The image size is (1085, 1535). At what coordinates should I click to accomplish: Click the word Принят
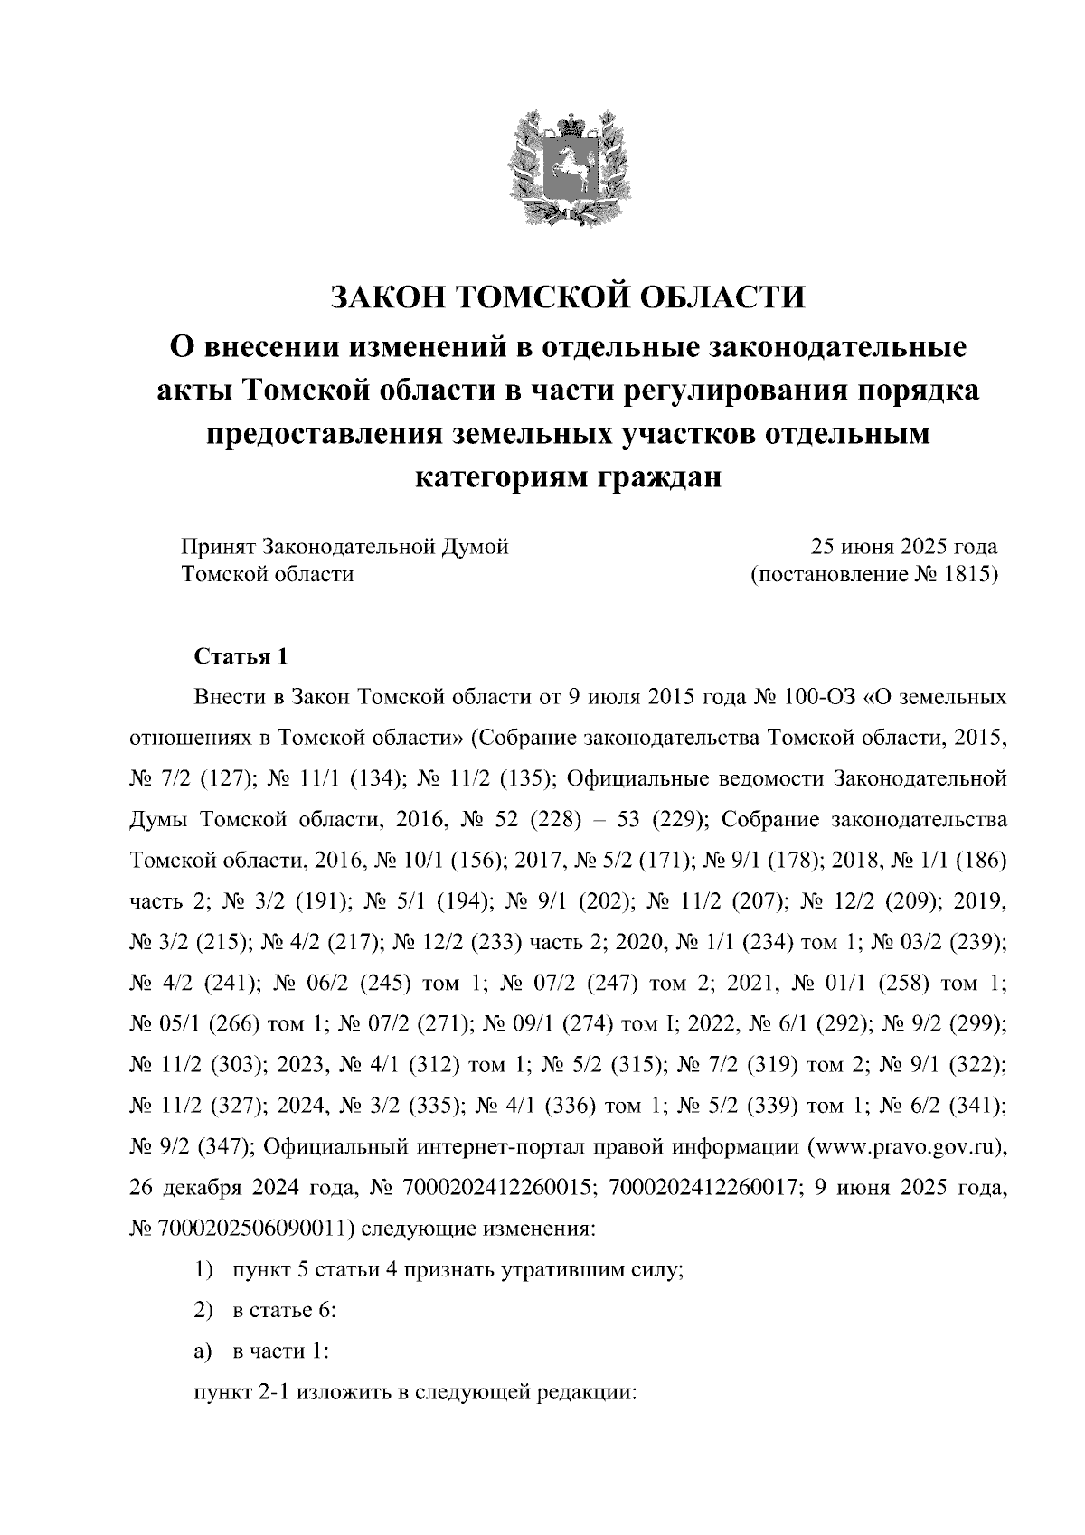(x=219, y=547)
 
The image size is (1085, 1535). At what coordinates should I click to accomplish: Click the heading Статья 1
(x=241, y=657)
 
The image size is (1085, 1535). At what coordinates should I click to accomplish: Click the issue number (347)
(x=218, y=1146)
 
